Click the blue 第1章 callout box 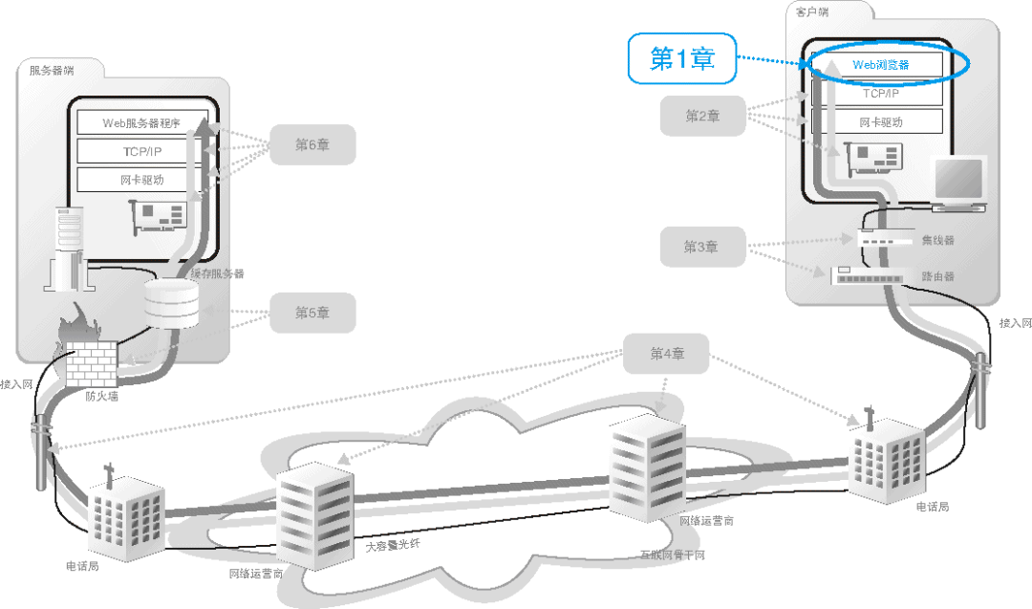682,59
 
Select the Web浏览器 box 880,65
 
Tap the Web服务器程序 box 141,122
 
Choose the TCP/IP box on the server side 141,151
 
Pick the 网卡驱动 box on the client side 880,121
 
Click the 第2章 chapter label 702,116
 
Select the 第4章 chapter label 667,354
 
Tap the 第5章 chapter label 312,313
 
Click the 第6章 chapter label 312,144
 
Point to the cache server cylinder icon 171,304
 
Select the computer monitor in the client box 958,182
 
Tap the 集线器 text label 937,240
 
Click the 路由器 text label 937,275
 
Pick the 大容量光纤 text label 393,546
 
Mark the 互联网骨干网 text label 673,555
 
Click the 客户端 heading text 814,12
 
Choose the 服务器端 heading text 52,70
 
